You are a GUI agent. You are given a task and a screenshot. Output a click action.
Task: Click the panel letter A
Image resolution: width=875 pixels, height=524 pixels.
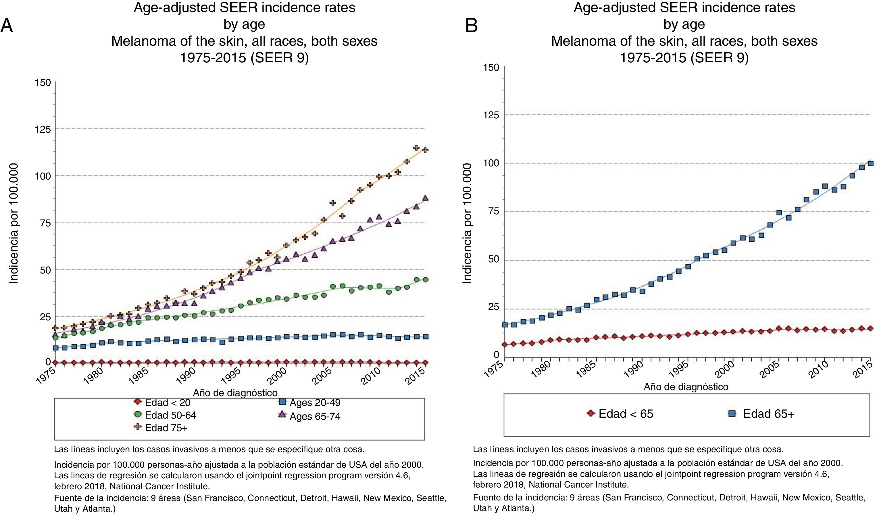point(7,26)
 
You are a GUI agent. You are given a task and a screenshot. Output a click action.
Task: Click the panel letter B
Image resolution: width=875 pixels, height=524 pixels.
point(472,26)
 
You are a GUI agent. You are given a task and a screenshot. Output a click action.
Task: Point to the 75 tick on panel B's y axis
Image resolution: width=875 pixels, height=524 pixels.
point(493,211)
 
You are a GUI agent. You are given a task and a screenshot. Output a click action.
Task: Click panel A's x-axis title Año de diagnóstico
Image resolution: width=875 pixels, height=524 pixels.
point(235,392)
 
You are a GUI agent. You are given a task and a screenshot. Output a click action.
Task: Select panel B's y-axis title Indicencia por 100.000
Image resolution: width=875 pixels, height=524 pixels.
point(467,223)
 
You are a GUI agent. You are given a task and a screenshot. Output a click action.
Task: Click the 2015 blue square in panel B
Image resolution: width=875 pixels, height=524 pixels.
point(871,163)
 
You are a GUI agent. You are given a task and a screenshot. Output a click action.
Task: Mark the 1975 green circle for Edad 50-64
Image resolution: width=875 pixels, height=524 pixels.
point(55,338)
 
